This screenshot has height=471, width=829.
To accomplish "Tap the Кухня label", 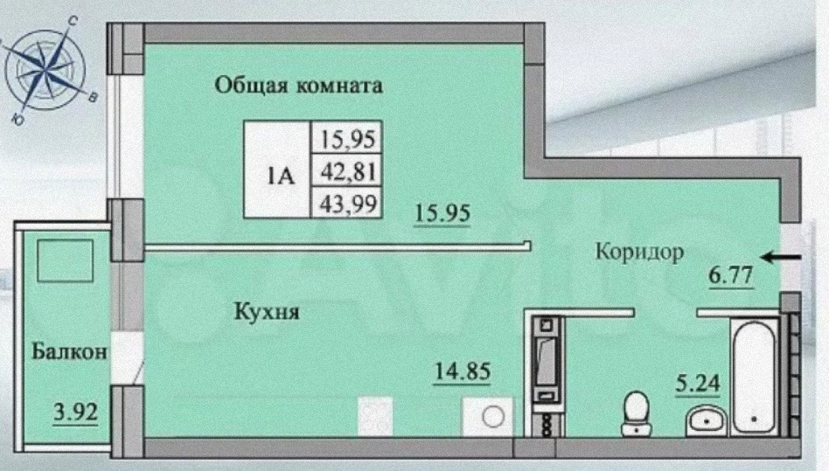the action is coord(267,311).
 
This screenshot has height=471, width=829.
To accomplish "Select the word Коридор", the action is coord(638,253).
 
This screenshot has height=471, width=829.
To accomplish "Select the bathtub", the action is coord(754,376).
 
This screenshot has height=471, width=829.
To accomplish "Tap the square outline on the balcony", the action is coord(66,260).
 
